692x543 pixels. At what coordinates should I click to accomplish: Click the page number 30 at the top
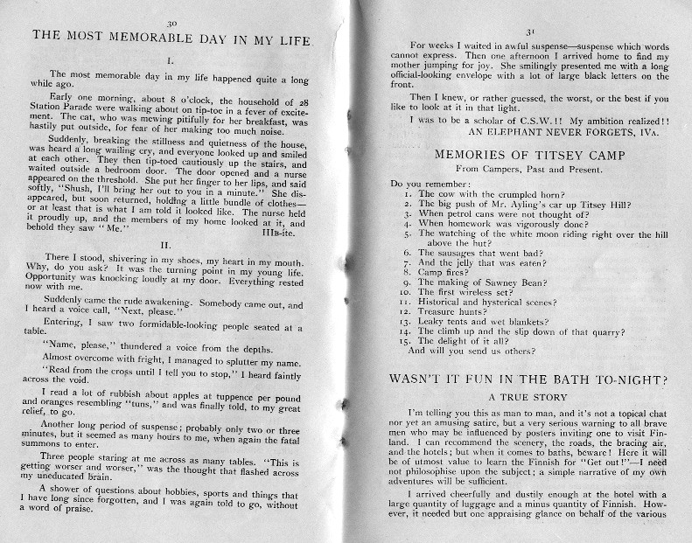180,18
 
